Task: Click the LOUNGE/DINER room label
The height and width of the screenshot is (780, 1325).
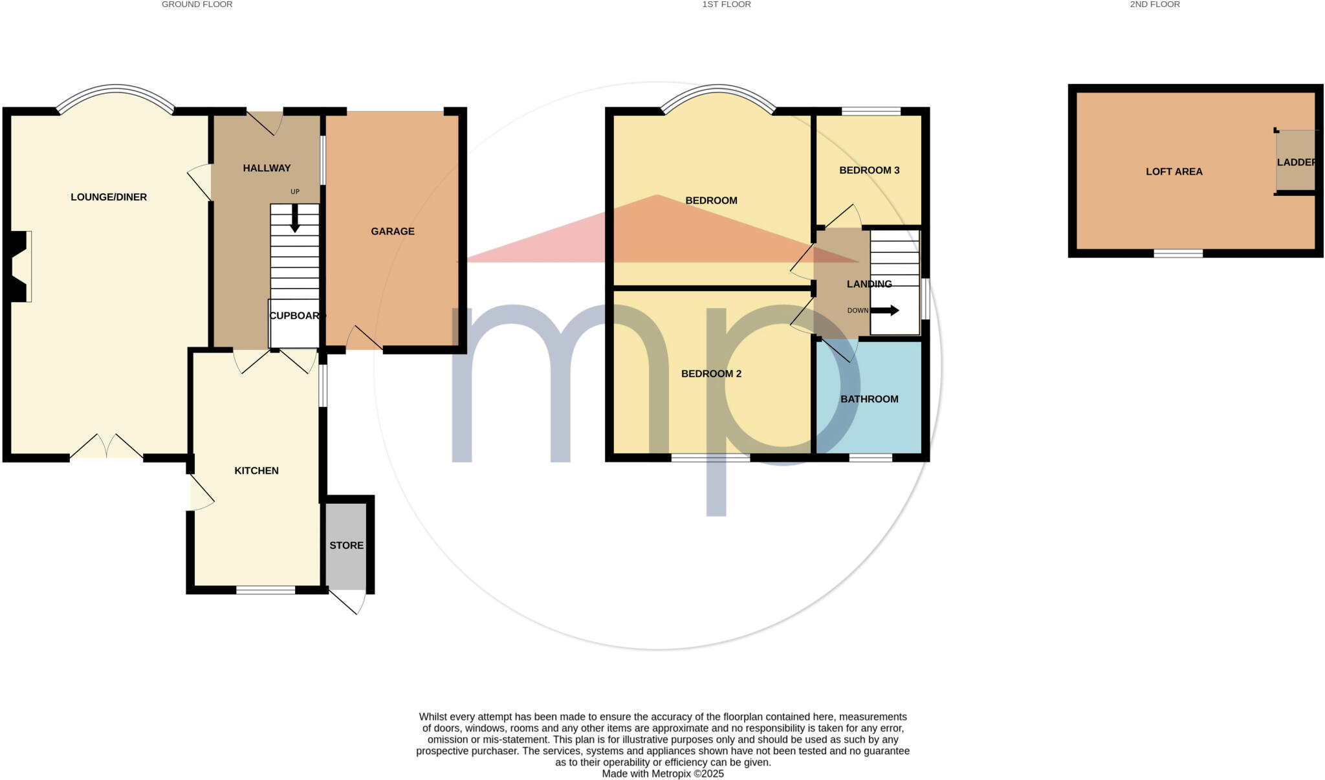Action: tap(109, 197)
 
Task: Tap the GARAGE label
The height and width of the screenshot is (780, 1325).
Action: tap(392, 232)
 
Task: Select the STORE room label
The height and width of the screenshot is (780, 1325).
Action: tap(346, 545)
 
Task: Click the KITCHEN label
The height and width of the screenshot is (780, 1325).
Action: tap(256, 471)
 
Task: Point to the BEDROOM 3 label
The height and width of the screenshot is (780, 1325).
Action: tap(869, 170)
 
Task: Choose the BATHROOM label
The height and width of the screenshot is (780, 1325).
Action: tap(869, 399)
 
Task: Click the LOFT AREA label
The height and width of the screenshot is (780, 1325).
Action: tap(1174, 171)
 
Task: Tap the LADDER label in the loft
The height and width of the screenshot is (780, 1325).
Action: tap(1296, 162)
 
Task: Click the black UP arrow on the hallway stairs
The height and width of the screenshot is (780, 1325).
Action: tap(295, 219)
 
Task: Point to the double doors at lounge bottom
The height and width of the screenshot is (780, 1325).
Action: tap(107, 448)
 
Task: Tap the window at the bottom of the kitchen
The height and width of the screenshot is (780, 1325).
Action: tap(265, 590)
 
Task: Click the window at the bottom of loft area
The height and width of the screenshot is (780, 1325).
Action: tap(1177, 254)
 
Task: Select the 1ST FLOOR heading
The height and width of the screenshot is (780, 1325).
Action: tap(726, 5)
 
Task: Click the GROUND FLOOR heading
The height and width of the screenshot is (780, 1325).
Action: tap(197, 5)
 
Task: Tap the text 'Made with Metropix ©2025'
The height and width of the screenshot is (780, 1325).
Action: tap(662, 774)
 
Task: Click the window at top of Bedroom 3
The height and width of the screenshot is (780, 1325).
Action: tap(871, 111)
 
